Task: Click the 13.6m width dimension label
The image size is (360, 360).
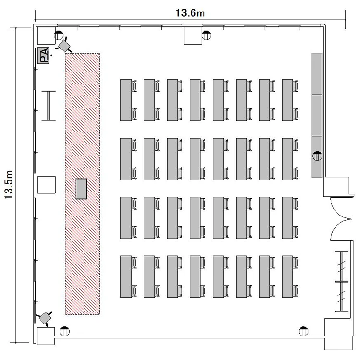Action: point(190,13)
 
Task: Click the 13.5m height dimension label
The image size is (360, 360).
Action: point(9,185)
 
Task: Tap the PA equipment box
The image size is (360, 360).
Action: point(43,55)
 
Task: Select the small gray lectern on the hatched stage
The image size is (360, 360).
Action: point(82,189)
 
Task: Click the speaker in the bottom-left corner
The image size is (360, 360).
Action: point(45,318)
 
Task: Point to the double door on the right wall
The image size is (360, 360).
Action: point(341,219)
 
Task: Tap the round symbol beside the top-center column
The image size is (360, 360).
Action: point(206,36)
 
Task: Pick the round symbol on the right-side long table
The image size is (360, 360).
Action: point(317,156)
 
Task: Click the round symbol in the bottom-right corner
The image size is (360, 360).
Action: point(303,331)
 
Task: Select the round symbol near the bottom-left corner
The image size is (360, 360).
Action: point(64,331)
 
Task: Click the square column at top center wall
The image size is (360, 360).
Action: point(193,36)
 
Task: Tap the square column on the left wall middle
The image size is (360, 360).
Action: point(47,185)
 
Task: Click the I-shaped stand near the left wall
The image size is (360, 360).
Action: point(48,106)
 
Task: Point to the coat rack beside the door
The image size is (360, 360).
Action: point(342,281)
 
